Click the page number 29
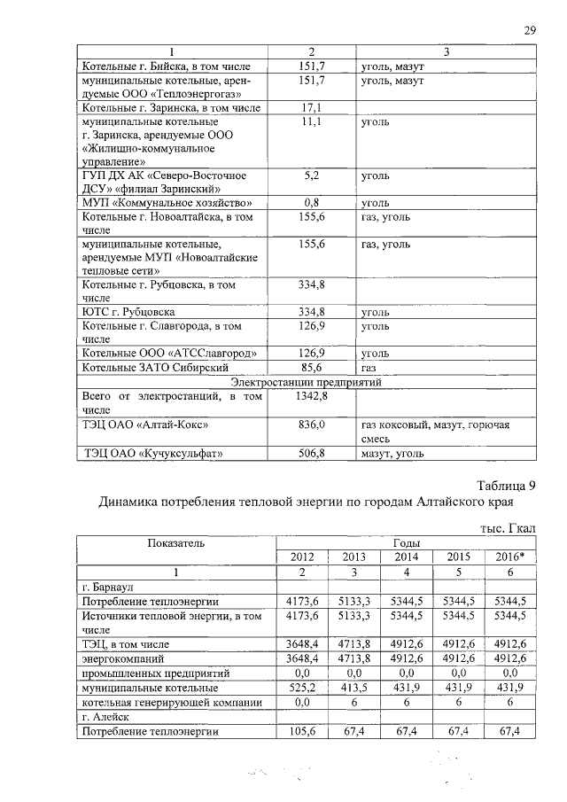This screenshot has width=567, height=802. (x=530, y=30)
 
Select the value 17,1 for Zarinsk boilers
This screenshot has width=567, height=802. (x=311, y=108)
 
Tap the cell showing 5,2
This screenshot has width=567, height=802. (x=311, y=176)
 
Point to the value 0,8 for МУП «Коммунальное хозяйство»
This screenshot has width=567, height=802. (x=311, y=202)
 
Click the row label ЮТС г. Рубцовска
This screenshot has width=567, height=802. (x=128, y=312)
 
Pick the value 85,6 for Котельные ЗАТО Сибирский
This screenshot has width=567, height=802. (x=311, y=367)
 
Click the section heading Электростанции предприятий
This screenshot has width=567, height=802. (x=307, y=383)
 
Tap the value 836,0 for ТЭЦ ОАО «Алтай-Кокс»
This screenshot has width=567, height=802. (x=311, y=425)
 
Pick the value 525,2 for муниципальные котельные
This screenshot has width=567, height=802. (x=303, y=687)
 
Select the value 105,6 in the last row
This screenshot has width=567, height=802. (x=303, y=731)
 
